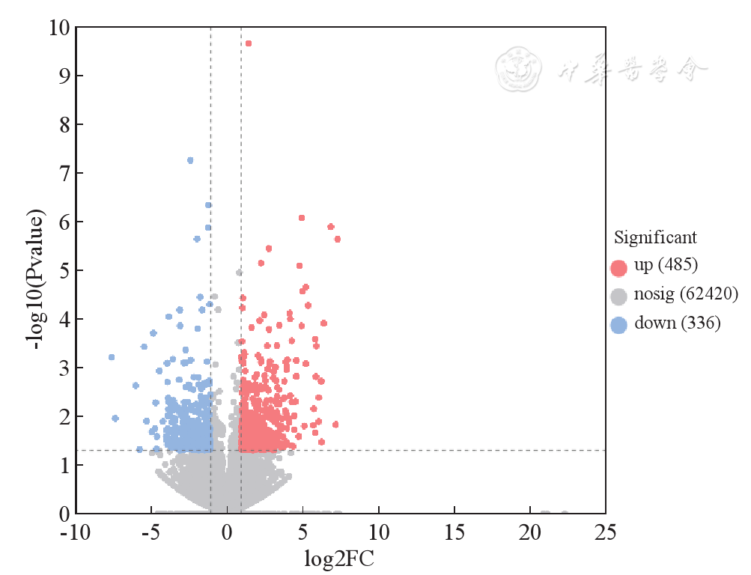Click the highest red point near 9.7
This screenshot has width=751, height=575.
pos(249,43)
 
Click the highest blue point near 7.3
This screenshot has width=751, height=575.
pos(190,160)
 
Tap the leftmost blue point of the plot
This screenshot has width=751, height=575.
pos(112,357)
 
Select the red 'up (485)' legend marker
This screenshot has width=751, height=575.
pos(618,267)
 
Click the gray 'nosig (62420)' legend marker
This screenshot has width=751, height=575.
pos(618,296)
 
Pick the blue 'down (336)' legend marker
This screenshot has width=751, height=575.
pos(618,325)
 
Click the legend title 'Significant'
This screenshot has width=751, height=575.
pos(655,238)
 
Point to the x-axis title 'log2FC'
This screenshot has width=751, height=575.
pos(339,559)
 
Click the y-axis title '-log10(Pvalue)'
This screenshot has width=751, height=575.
pos(34,270)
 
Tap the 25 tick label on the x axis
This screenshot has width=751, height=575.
pos(605,533)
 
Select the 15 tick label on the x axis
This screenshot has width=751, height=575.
pos(454,533)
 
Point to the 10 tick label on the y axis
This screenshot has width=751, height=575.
pos(60,28)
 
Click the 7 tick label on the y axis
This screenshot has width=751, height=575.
pos(65,173)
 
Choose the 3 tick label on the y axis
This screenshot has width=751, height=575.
pos(65,368)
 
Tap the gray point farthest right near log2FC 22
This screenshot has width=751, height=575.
pos(564,514)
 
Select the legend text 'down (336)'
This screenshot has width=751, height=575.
pos(677,323)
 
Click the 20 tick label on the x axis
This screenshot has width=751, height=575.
pos(529,533)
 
